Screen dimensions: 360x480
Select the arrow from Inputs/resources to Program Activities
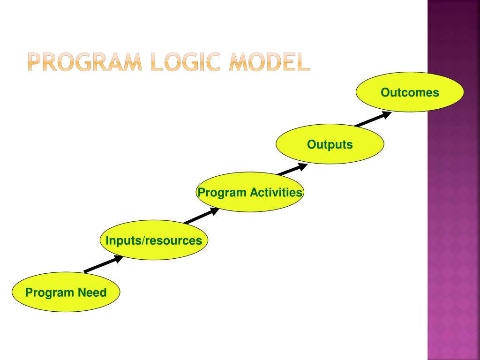(x=201, y=216)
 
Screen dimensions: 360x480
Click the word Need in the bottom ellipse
(x=92, y=293)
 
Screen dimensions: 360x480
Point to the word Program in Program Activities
(x=222, y=193)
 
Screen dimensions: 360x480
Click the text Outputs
(x=330, y=144)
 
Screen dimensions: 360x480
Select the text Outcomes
(x=410, y=92)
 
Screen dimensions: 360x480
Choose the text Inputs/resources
(x=154, y=241)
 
